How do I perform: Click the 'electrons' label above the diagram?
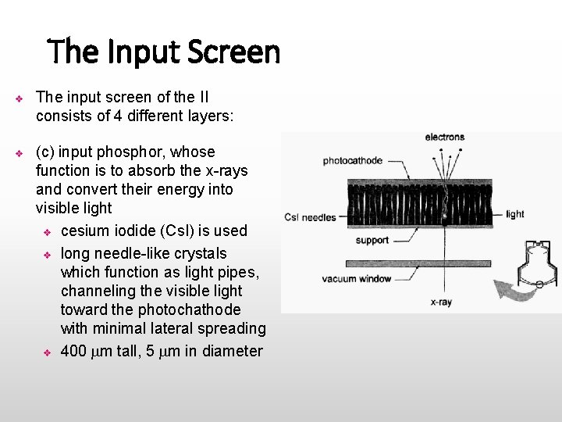tap(444, 138)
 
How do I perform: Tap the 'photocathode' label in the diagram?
tap(353, 161)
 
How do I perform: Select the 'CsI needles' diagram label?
tap(310, 217)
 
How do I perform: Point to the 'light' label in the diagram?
tap(515, 214)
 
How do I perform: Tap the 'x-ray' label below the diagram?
tap(441, 302)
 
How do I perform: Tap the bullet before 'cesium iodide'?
tap(47, 232)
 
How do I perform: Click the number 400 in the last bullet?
tap(73, 351)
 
